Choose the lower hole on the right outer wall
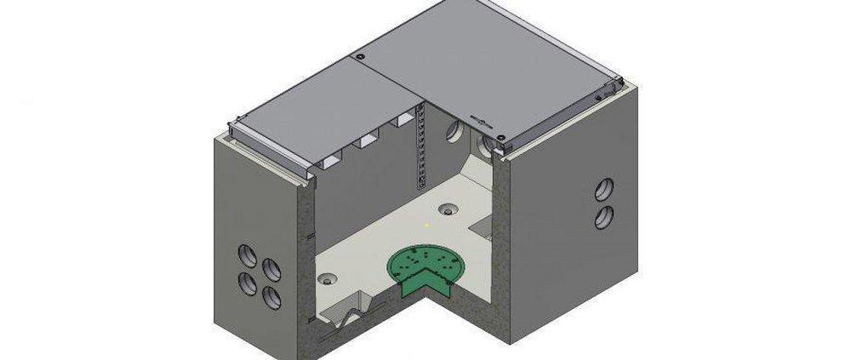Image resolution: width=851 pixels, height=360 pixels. [x=603, y=215]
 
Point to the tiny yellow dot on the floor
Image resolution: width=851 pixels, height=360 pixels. [x=426, y=225]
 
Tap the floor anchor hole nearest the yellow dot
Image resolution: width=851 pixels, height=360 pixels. [x=448, y=209]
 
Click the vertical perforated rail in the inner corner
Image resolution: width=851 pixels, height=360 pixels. [x=418, y=149]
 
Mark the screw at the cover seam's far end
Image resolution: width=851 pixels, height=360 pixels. [x=360, y=57]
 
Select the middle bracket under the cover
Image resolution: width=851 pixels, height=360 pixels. [x=368, y=141]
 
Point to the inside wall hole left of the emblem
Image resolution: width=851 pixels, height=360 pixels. [x=454, y=130]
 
